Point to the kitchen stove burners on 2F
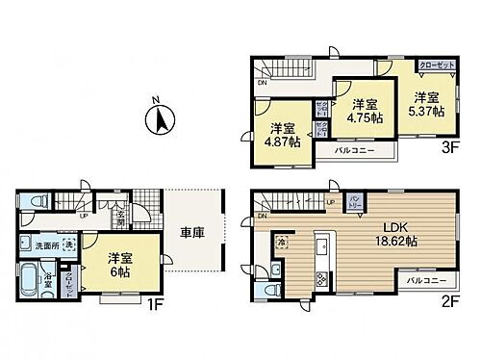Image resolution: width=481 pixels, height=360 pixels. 320,280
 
